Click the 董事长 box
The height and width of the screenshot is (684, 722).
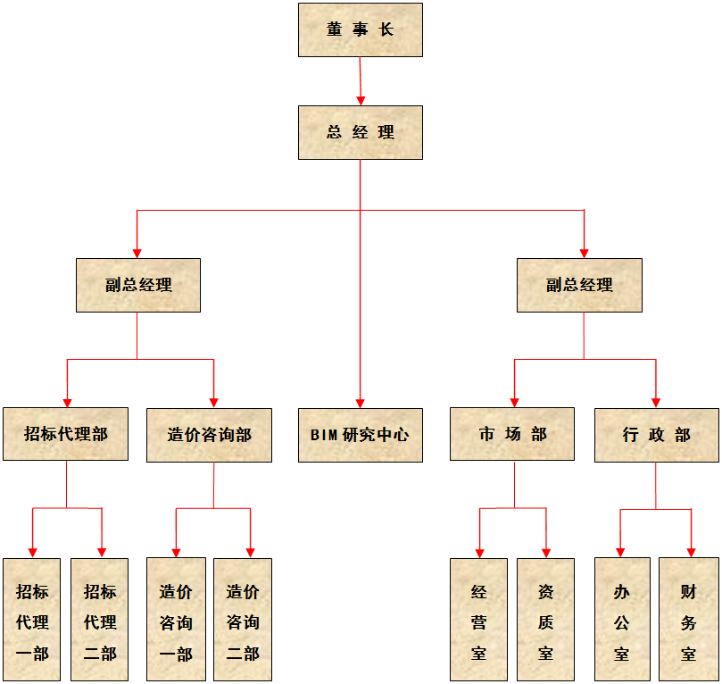(x=361, y=30)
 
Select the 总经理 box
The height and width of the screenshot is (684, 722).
(x=361, y=133)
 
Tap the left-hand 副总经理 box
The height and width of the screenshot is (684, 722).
(x=138, y=286)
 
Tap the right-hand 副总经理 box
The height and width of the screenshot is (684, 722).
(x=579, y=286)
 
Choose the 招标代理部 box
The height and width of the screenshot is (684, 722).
(x=65, y=435)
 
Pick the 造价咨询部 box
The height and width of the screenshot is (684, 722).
(x=210, y=435)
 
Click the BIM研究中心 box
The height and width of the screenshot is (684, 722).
(x=361, y=435)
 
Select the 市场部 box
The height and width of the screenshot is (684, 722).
(x=512, y=435)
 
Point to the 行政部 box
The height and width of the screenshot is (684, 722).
(x=657, y=435)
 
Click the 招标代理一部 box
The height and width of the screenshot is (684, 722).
(x=32, y=621)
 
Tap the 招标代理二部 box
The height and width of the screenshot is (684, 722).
(x=100, y=621)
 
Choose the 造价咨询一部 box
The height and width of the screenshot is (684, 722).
(x=176, y=621)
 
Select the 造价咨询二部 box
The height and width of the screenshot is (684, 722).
(x=243, y=621)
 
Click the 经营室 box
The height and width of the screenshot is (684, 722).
(x=478, y=621)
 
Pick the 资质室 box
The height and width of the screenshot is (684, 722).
(x=545, y=621)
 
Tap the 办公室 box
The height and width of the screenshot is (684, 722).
(x=622, y=621)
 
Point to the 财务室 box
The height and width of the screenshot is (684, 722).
(x=689, y=621)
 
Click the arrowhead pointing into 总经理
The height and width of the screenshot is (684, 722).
(x=361, y=99)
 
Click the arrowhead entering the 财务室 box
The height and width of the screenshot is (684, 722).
(x=691, y=551)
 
